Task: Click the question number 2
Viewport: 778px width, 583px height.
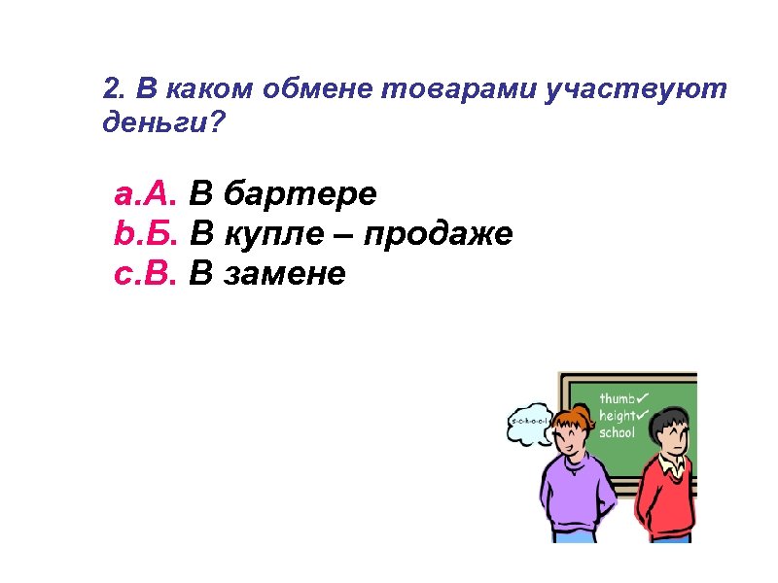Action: (x=112, y=90)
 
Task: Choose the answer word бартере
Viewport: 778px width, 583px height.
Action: (x=300, y=195)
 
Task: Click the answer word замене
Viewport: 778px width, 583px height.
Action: (x=284, y=275)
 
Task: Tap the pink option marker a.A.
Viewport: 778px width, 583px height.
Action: (x=146, y=195)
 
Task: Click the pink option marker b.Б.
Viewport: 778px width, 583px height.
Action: (x=146, y=235)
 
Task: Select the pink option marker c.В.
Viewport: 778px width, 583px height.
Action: (x=146, y=275)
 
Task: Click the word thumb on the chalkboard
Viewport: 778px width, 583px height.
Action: (x=619, y=398)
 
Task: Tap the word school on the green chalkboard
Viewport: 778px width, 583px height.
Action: (x=617, y=432)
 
